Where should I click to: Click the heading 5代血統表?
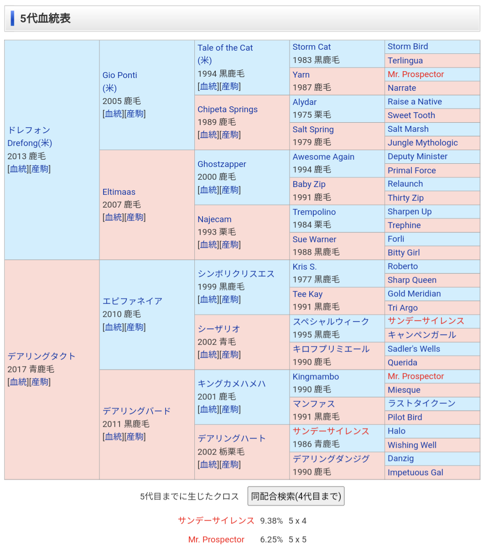point(45,18)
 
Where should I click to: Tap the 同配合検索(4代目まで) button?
point(296,496)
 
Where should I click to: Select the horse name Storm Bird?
point(408,47)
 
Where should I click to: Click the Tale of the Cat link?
point(225,47)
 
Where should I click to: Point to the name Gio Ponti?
point(120,75)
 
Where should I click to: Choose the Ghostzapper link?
point(222,164)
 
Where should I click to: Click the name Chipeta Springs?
point(228,109)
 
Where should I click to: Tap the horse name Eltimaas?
point(119,192)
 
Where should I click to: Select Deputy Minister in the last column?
point(417,157)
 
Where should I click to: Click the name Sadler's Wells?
point(414,349)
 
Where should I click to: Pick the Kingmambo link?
point(316,376)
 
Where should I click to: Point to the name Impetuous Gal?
point(415,472)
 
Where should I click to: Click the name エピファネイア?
point(132,301)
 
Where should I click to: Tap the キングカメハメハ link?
point(232,384)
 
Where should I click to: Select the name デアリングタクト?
point(41,356)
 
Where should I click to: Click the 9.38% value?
point(271,521)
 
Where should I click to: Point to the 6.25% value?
point(271,540)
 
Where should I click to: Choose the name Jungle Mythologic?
point(422,142)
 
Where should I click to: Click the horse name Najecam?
point(214,219)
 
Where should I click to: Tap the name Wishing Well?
point(412,445)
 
